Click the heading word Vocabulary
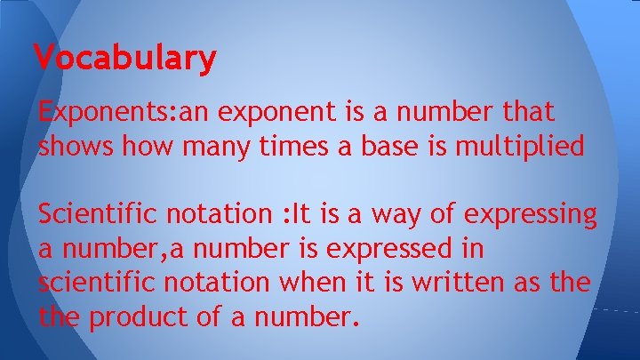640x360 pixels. tap(124, 58)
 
